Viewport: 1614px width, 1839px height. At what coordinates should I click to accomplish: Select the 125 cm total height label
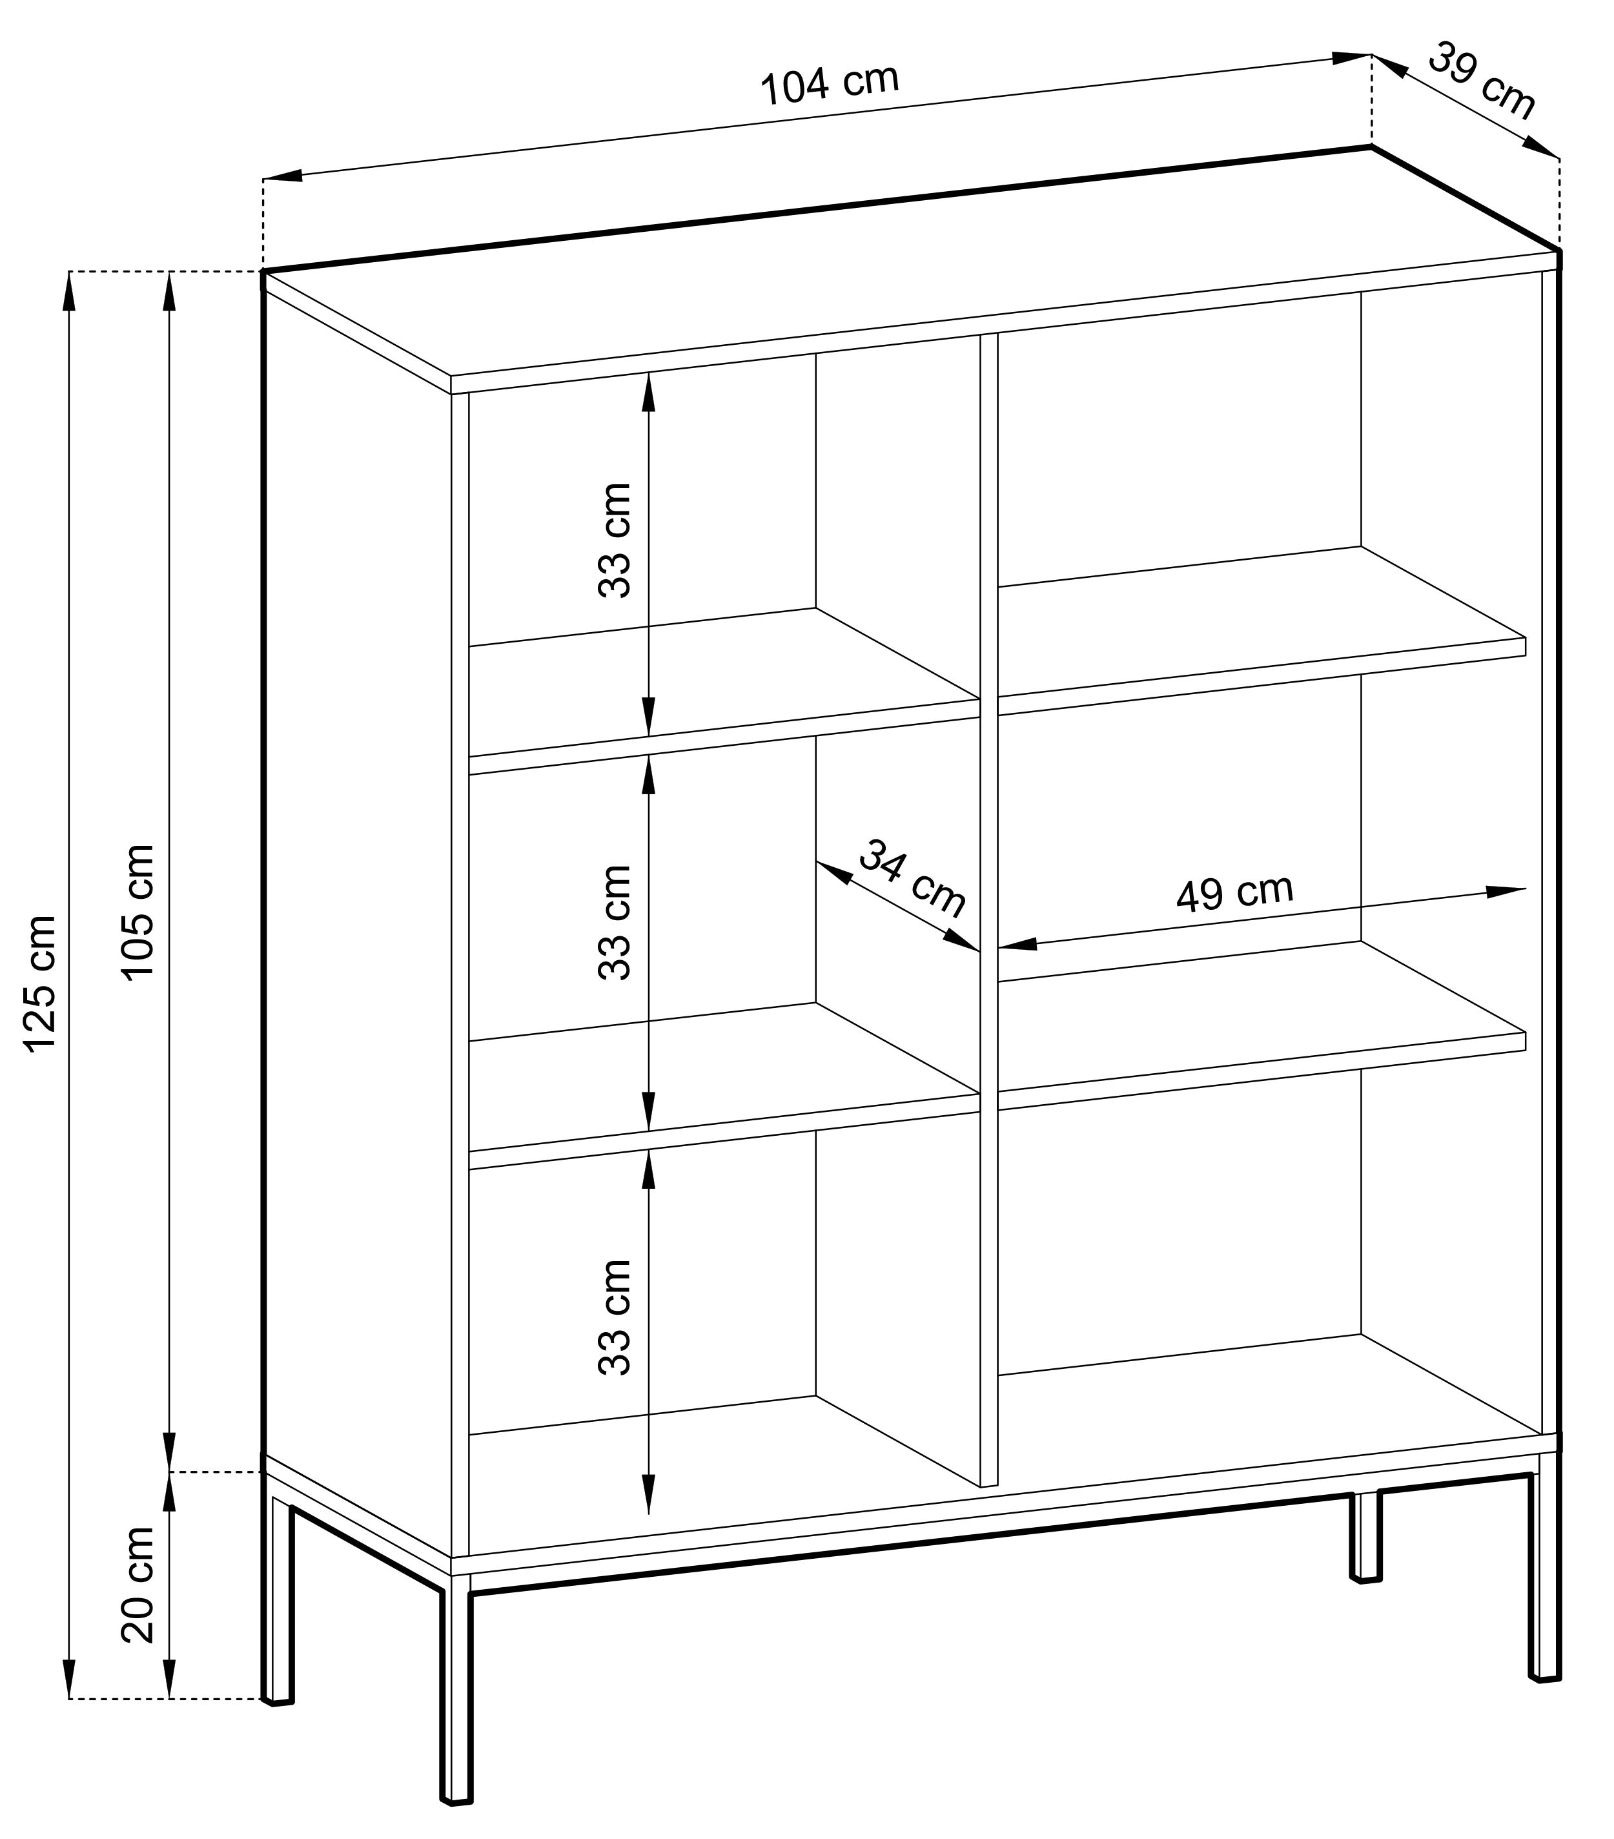coord(41,981)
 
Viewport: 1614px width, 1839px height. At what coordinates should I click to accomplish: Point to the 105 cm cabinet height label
coord(139,911)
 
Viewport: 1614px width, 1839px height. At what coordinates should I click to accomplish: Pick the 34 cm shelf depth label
coord(910,878)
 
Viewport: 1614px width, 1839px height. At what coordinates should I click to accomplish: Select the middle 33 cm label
coord(615,922)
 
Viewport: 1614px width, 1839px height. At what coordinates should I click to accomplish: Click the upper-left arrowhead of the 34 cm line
coord(834,871)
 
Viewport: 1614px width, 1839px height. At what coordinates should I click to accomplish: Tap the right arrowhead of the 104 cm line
coord(1351,57)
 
